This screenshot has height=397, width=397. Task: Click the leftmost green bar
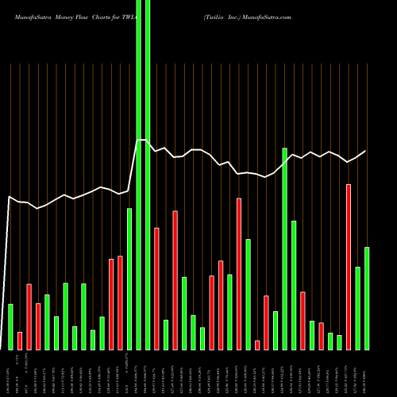pyautogui.click(x=10, y=326)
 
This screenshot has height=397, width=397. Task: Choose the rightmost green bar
pyautogui.click(x=367, y=298)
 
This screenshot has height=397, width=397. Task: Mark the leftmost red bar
pyautogui.click(x=20, y=341)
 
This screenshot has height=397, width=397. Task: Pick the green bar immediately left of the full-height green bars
pyautogui.click(x=129, y=279)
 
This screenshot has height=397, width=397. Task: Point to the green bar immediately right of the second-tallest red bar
pyautogui.click(x=249, y=294)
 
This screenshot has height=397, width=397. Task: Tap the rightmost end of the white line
pyautogui.click(x=366, y=151)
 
